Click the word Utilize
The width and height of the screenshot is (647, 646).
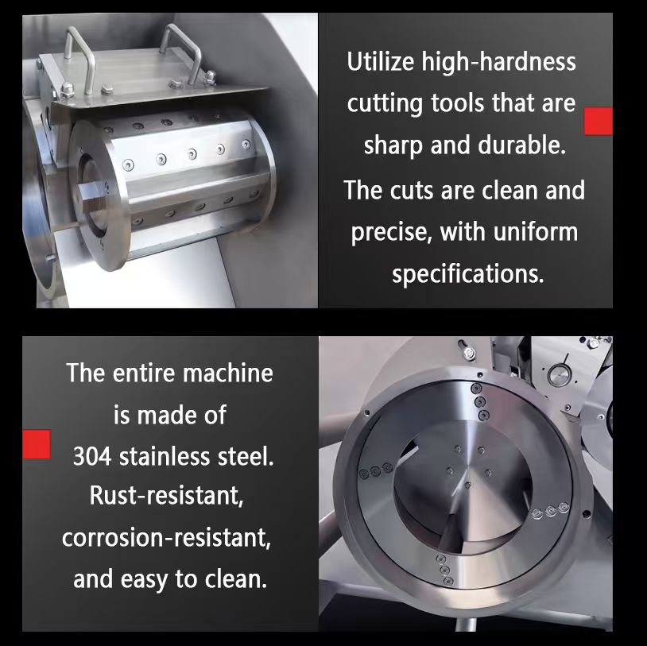click(x=380, y=62)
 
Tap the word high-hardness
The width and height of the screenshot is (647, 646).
click(x=498, y=62)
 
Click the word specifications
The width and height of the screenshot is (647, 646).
click(x=467, y=273)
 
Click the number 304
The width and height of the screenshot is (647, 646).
click(x=92, y=457)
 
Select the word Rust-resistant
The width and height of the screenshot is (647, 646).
click(x=167, y=496)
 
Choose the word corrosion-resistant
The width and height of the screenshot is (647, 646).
click(x=167, y=538)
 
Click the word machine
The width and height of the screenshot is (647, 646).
click(x=228, y=373)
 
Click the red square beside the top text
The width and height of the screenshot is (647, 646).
click(x=599, y=121)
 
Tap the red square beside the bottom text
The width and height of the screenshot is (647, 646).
click(x=37, y=444)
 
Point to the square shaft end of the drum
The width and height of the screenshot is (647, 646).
click(x=92, y=192)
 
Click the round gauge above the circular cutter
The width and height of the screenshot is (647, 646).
click(x=558, y=375)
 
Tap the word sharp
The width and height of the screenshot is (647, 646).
click(x=393, y=146)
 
